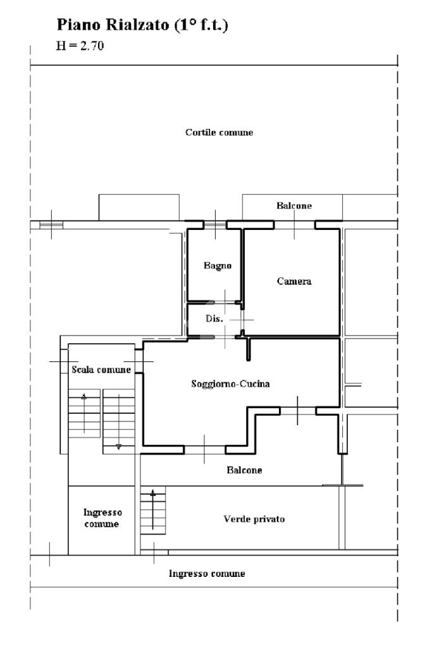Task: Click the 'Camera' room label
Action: pos(294,281)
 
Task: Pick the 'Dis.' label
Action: pos(214,319)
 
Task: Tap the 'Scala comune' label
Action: pos(101,370)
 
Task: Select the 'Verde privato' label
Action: pos(254,519)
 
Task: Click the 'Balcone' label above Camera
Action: pos(294,206)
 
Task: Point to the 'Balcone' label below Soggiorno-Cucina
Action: pos(244,470)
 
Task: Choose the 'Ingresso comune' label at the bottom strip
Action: pos(207,574)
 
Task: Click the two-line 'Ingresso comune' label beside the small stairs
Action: pos(102,519)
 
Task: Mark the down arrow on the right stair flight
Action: pos(118,446)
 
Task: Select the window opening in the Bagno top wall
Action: pos(215,224)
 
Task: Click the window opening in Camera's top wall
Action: pos(294,224)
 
